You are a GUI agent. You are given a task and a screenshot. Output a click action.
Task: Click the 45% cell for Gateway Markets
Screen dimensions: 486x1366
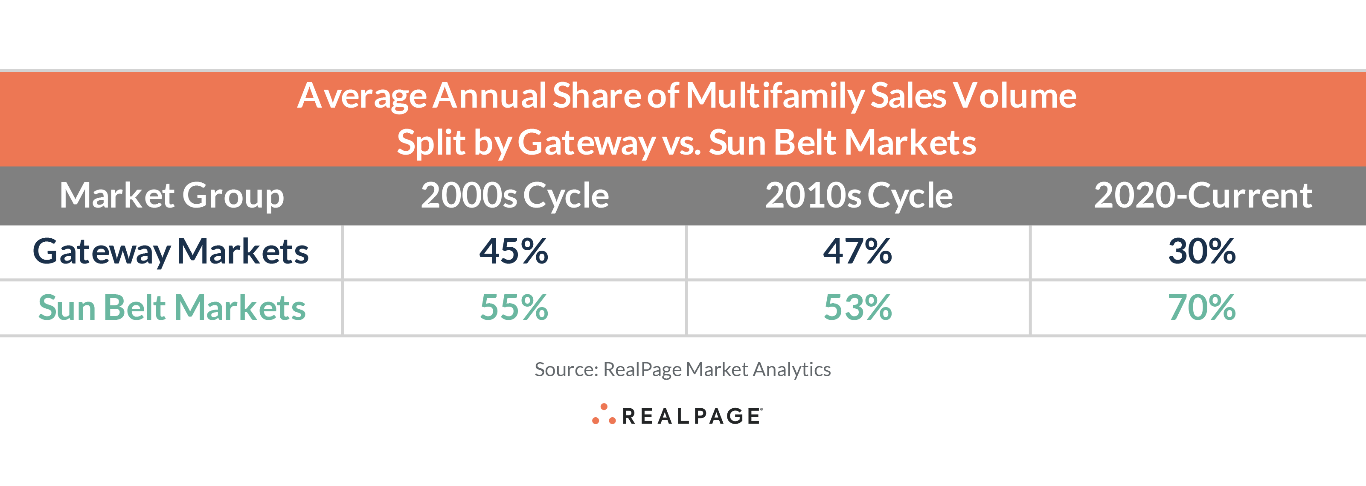pos(513,251)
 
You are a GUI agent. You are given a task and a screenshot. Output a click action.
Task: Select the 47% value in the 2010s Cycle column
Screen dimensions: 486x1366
pos(857,251)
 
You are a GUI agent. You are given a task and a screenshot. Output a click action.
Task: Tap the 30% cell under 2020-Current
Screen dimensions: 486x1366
pos(1202,251)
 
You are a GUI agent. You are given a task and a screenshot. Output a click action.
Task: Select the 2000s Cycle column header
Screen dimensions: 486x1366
pos(514,195)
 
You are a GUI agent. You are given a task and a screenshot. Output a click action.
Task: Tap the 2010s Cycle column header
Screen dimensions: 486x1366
pos(858,195)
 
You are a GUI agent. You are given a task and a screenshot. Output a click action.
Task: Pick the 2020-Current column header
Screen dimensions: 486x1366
pos(1203,195)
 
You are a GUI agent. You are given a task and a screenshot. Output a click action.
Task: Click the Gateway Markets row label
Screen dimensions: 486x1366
pos(171,251)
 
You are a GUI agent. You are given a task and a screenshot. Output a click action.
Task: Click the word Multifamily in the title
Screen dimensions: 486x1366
pos(775,96)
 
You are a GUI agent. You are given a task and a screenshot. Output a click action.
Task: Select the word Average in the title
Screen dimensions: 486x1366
pos(362,96)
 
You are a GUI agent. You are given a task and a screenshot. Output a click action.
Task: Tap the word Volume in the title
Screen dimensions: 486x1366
pos(1014,96)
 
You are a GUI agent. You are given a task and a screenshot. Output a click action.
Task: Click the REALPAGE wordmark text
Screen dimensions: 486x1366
pos(692,416)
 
